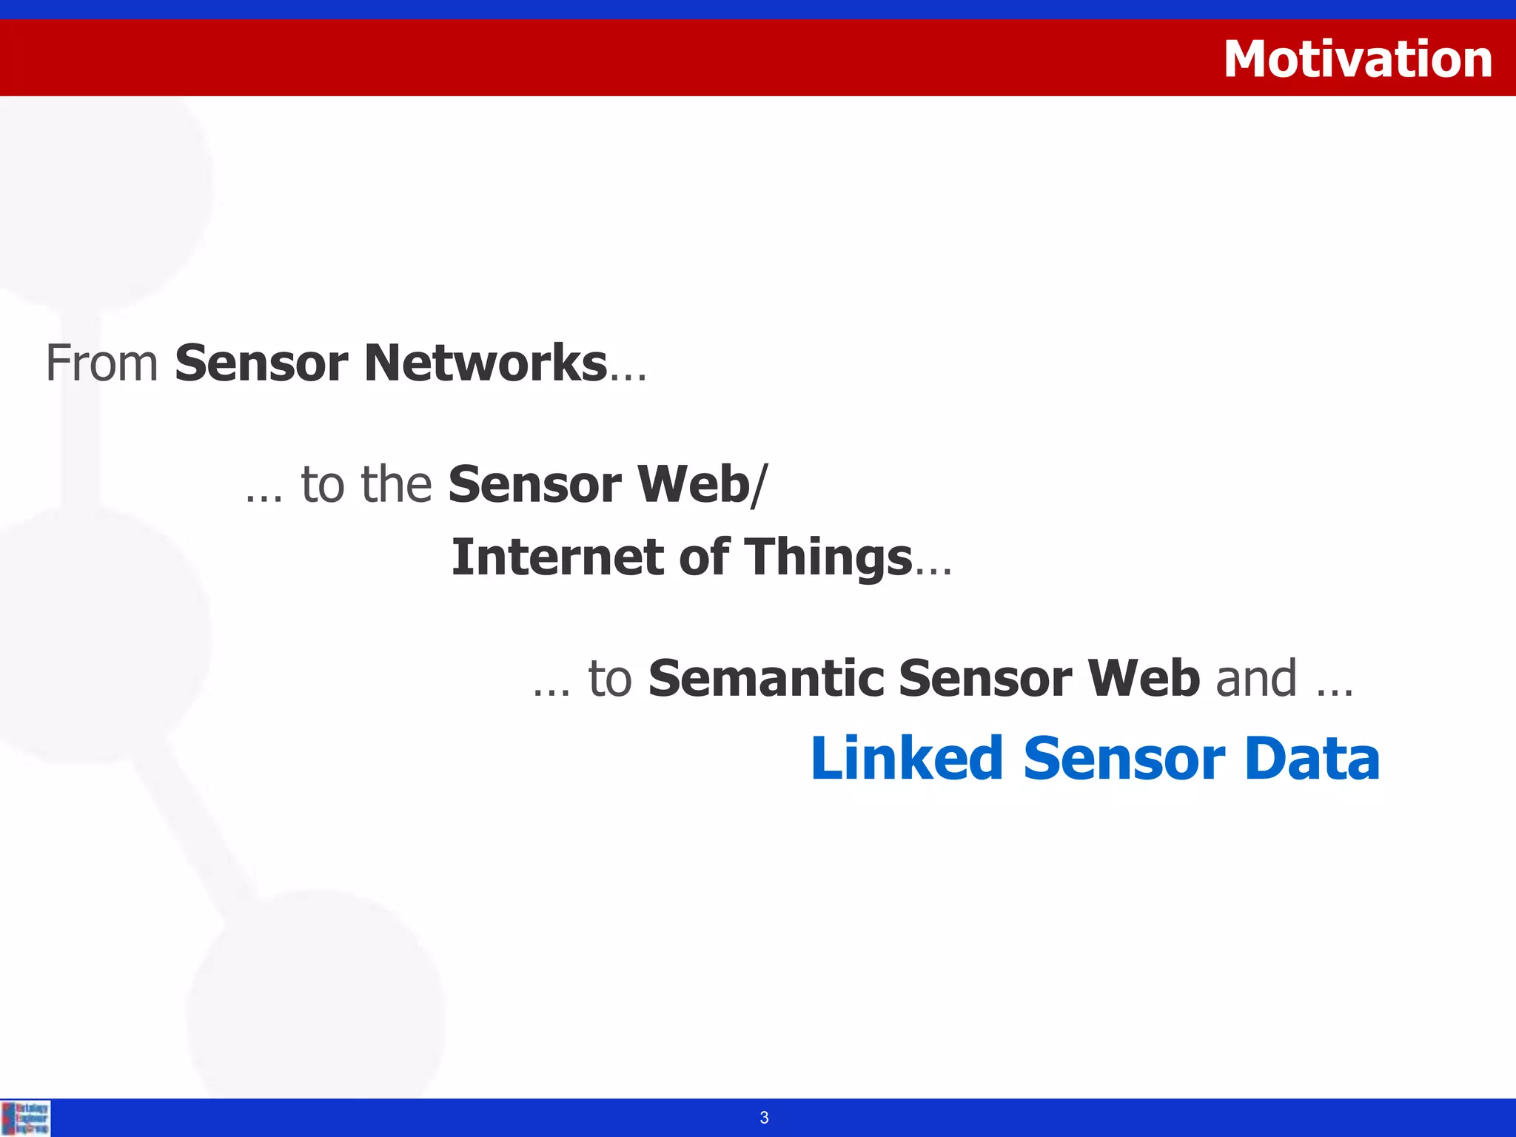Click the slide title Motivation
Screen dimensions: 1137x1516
[1358, 59]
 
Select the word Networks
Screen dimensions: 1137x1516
[486, 363]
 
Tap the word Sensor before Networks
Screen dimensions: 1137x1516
[261, 363]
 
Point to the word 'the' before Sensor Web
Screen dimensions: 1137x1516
[397, 485]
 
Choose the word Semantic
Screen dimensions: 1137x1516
[766, 678]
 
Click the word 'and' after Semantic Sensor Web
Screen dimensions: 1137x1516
[1256, 678]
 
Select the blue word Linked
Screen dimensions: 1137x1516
[907, 759]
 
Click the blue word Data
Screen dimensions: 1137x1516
[1312, 759]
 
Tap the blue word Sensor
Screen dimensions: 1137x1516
[1124, 759]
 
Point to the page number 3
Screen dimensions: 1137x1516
[764, 1118]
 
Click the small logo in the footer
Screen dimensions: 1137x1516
[26, 1118]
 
